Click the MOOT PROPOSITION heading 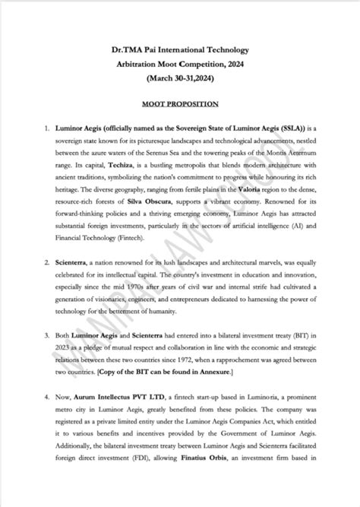[x=180, y=103]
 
